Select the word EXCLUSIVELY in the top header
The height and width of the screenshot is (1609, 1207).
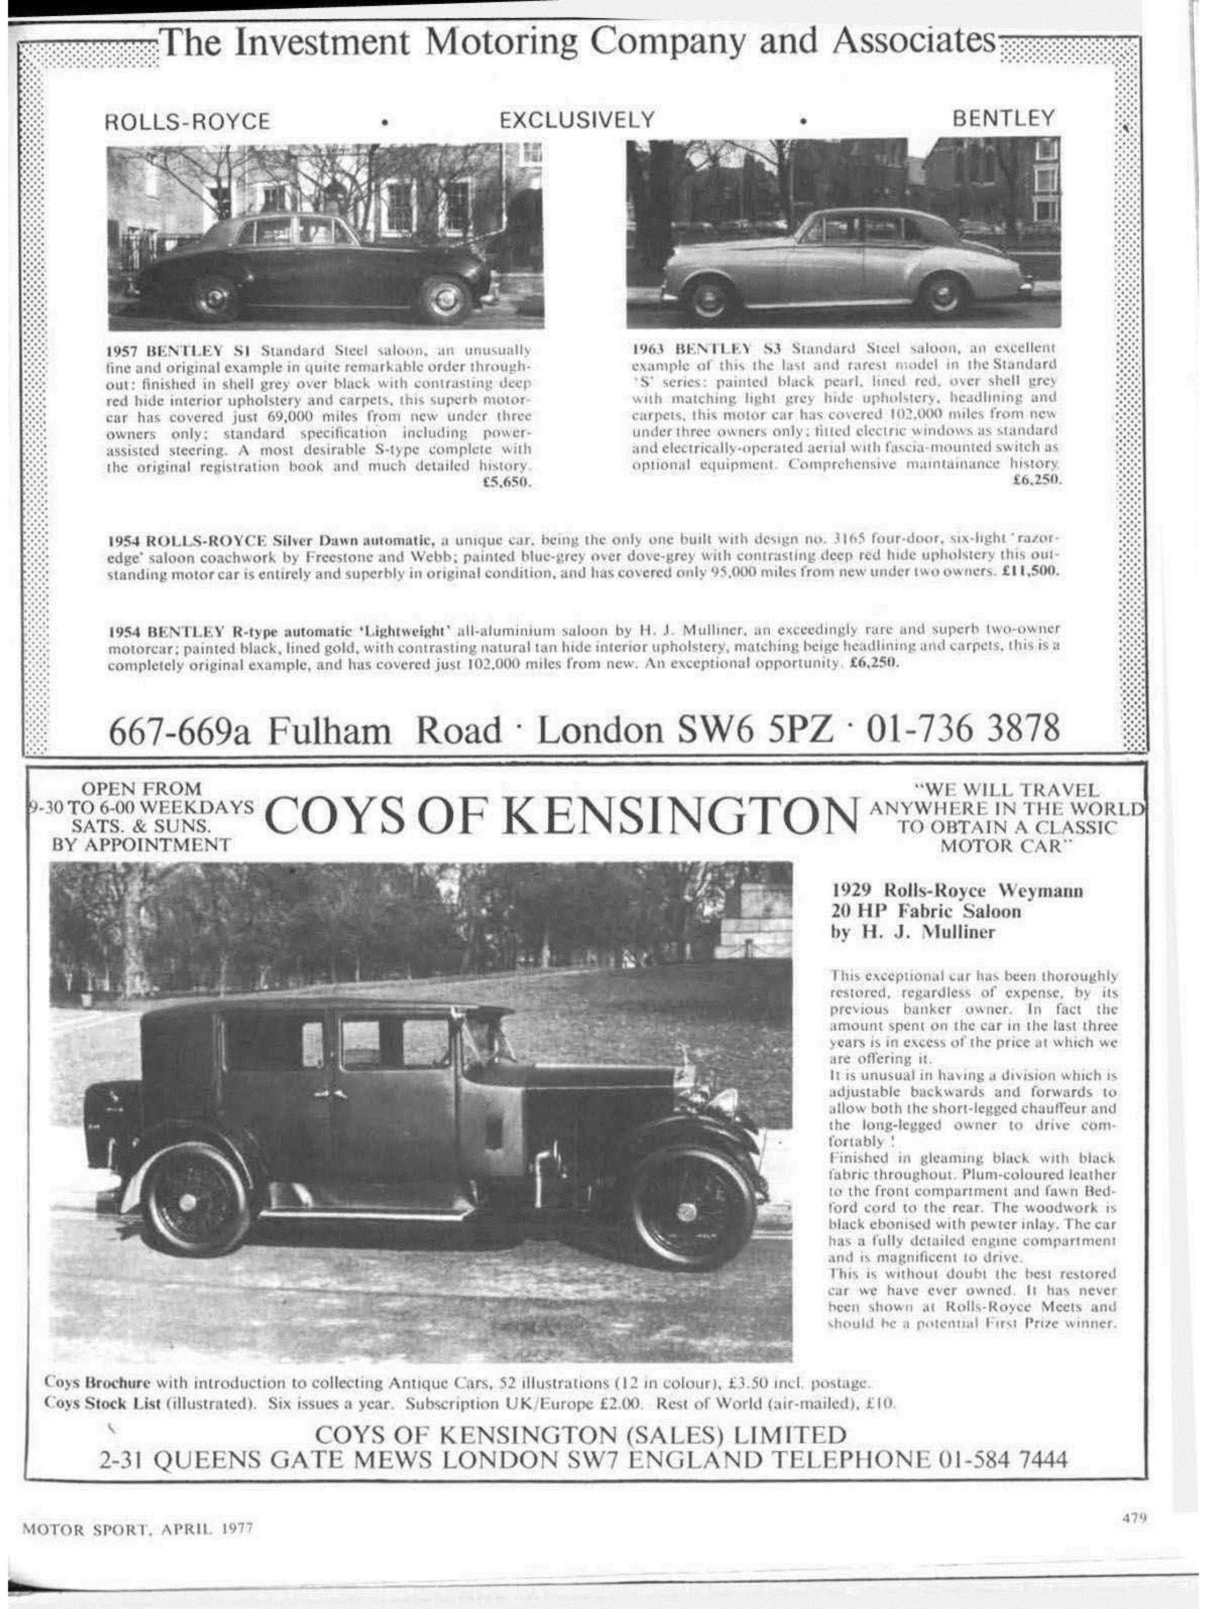[x=576, y=119]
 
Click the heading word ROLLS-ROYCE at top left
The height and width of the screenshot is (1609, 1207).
[x=188, y=121]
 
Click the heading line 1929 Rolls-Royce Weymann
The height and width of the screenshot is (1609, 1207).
[x=956, y=891]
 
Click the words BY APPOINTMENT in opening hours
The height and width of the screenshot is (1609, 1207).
[x=142, y=845]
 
